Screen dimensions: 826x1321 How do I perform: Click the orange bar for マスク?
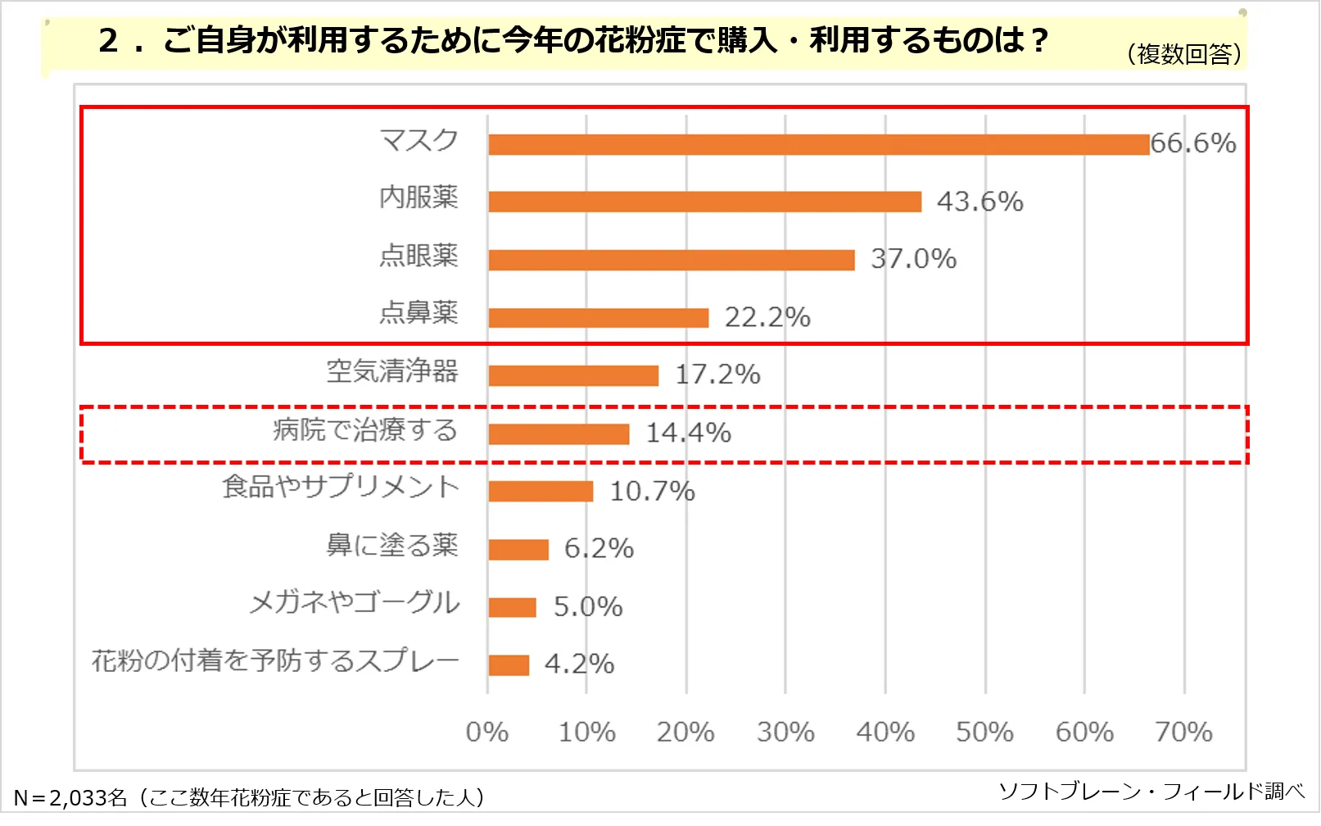click(819, 145)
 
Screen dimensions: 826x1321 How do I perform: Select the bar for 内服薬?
click(704, 202)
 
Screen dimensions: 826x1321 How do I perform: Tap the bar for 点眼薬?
click(672, 260)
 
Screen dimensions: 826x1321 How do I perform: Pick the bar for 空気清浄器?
click(573, 375)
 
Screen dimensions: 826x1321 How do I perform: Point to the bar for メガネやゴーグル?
click(512, 607)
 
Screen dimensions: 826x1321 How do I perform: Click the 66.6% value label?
click(1193, 143)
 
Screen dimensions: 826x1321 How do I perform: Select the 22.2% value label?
click(767, 317)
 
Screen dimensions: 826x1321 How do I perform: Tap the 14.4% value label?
click(689, 433)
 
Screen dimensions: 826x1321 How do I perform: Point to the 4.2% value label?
click(579, 664)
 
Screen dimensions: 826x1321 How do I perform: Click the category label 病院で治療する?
click(365, 430)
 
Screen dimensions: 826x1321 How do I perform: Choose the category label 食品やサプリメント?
click(341, 488)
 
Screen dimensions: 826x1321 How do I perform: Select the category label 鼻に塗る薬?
click(392, 545)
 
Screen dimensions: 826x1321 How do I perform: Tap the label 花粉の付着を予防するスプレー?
click(275, 660)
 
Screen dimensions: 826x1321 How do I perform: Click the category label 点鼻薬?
click(418, 313)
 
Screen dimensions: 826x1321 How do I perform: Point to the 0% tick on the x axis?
click(487, 732)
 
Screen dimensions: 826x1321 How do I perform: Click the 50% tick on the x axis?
click(984, 732)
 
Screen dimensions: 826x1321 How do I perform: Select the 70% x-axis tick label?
click(1183, 732)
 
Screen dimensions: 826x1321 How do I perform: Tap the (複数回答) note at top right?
click(1184, 54)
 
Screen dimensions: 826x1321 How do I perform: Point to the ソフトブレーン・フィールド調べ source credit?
click(1151, 792)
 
